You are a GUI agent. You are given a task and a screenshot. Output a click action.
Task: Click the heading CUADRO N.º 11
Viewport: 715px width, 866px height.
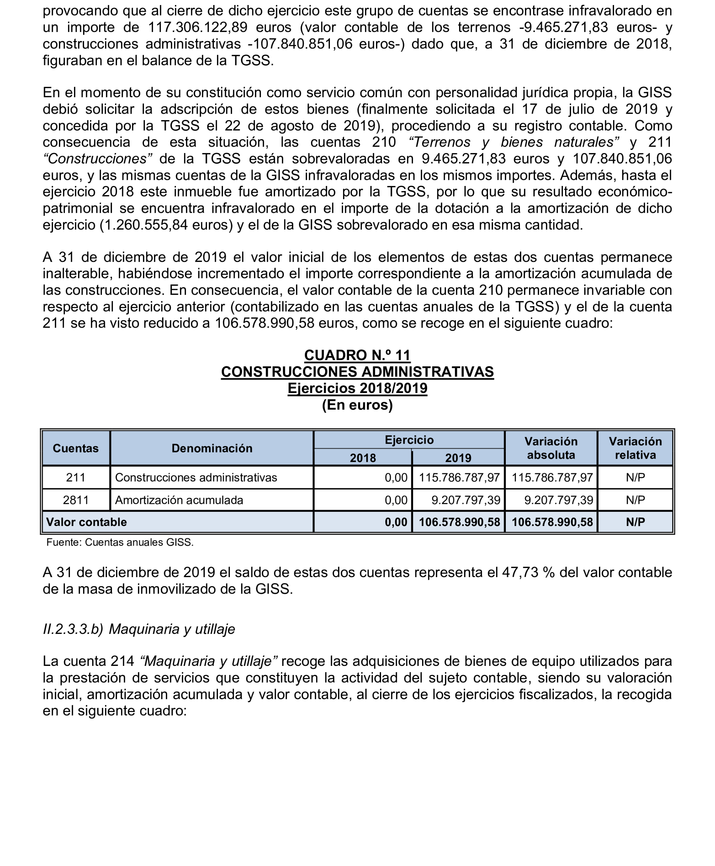357,355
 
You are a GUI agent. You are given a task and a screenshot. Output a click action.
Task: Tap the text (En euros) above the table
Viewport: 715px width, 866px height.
357,405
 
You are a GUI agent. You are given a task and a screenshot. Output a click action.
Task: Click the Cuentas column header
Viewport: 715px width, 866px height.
76,448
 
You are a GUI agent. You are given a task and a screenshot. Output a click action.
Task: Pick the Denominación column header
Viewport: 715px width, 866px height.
212,448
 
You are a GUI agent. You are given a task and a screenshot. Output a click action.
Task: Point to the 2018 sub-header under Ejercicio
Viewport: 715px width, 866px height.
363,458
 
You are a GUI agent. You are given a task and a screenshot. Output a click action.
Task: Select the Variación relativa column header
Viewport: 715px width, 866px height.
635,448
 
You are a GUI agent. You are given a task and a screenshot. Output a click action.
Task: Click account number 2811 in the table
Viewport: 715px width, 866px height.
76,500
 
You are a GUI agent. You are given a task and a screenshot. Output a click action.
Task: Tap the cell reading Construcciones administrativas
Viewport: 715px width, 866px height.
196,478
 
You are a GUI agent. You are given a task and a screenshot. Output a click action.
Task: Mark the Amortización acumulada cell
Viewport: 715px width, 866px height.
179,500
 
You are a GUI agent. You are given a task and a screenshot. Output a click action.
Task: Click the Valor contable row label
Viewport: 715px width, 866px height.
86,522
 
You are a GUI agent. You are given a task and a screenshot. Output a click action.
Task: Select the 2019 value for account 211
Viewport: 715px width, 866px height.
459,478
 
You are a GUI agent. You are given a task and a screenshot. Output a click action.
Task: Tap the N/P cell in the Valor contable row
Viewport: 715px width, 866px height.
635,522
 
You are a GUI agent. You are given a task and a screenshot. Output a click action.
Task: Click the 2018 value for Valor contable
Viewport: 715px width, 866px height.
396,522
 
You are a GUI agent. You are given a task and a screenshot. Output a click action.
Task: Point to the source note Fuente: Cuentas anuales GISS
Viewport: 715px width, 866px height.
120,542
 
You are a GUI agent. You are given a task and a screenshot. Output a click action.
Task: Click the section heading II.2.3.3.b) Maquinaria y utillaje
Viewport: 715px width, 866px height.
139,629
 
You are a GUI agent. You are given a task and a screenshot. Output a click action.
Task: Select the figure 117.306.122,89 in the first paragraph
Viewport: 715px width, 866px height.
198,28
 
